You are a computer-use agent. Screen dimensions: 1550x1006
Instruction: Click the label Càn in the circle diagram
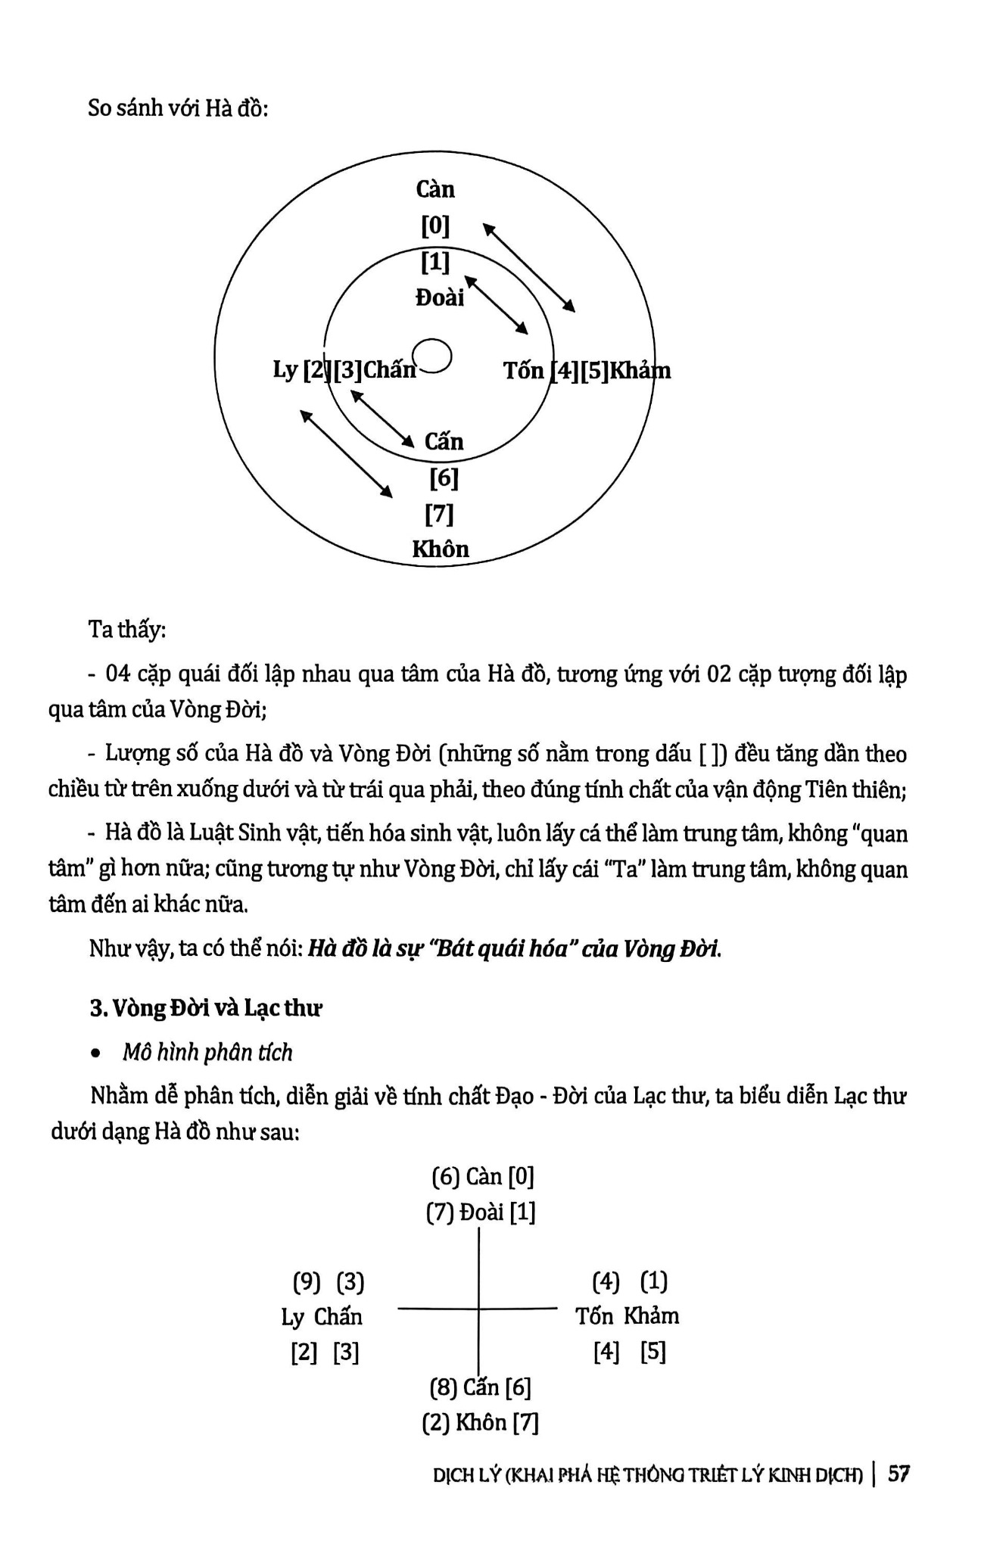[435, 189]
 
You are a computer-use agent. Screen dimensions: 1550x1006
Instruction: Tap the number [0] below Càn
[435, 226]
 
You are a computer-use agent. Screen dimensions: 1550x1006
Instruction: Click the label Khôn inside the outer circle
[441, 549]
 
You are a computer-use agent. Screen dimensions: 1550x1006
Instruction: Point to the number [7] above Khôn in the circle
[440, 515]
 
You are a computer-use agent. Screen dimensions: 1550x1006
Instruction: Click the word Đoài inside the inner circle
[440, 297]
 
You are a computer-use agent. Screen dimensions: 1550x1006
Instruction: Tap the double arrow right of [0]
[529, 267]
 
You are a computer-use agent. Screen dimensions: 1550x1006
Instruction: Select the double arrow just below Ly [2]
[347, 454]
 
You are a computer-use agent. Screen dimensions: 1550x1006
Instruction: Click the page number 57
[899, 1474]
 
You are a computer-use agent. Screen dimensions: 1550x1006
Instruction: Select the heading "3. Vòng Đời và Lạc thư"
[206, 1008]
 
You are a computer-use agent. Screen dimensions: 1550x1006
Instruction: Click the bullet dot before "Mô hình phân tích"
[95, 1053]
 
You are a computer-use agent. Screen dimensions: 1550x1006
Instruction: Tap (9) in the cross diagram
[307, 1282]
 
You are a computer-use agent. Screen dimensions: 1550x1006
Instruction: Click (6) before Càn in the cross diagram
[446, 1176]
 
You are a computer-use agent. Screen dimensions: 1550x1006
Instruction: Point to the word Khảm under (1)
[651, 1316]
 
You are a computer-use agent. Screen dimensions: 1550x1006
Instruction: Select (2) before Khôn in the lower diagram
[435, 1423]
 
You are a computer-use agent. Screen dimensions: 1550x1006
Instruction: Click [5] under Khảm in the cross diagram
[652, 1352]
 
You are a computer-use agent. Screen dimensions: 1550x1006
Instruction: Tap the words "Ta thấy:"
[127, 629]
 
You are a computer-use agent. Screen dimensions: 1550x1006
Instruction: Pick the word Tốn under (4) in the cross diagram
[593, 1316]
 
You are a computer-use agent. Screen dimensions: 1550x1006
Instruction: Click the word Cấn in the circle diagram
[444, 441]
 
